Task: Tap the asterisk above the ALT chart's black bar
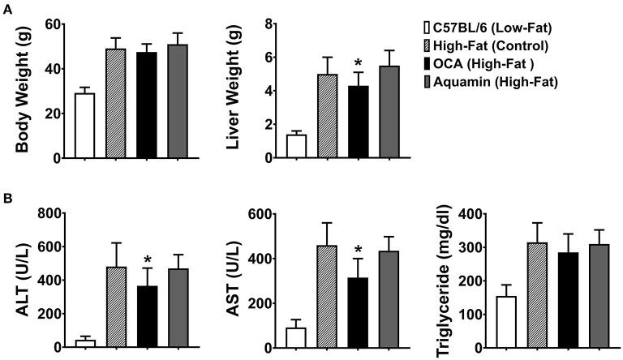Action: click(148, 260)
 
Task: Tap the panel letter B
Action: click(6, 197)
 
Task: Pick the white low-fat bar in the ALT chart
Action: click(85, 343)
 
